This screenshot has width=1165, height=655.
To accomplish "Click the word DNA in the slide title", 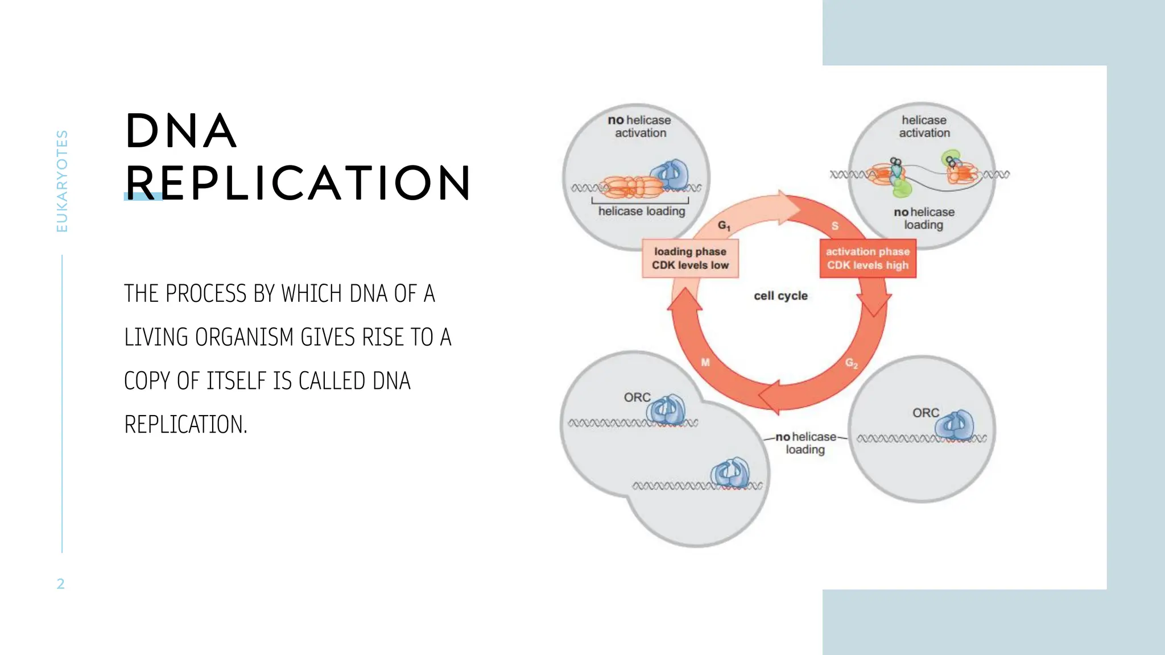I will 181,131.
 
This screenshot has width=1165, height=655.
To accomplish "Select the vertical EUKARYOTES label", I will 62,181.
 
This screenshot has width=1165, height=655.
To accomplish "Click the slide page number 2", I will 61,584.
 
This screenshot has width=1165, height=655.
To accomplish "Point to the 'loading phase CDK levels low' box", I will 690,259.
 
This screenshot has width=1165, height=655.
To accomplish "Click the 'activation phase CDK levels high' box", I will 867,259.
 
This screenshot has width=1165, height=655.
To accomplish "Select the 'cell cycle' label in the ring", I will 780,296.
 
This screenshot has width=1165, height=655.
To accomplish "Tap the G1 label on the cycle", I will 724,226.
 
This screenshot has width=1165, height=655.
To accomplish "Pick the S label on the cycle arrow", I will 834,226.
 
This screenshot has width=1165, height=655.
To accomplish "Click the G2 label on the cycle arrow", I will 851,363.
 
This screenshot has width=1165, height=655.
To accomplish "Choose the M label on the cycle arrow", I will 705,362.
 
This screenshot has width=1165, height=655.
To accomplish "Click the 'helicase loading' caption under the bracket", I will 642,211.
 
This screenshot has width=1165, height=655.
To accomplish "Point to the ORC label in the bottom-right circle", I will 925,413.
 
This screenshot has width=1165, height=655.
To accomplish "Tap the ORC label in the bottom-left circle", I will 637,397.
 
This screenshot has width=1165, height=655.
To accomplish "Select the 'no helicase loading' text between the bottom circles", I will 805,443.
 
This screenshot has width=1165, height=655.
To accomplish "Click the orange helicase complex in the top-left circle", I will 631,186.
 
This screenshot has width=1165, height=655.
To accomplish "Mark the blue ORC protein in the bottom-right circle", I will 956,425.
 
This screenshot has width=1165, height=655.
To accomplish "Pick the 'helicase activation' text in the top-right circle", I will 924,126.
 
